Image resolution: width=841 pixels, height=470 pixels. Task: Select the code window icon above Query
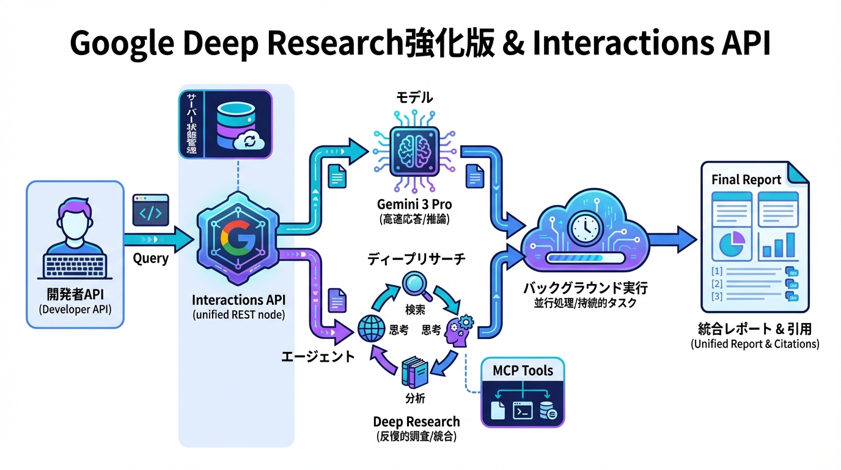point(150,211)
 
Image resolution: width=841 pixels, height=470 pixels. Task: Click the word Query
point(150,258)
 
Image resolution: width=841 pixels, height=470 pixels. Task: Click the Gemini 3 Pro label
point(414,204)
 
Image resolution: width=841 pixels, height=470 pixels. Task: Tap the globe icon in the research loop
point(372,330)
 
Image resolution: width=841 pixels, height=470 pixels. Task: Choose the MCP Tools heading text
point(523,371)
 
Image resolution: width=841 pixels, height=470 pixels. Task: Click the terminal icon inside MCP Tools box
point(523,409)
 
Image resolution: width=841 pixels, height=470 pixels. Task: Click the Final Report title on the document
point(746,180)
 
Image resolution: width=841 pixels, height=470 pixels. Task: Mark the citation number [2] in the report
point(718,284)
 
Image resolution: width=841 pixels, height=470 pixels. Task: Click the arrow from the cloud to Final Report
point(672,238)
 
